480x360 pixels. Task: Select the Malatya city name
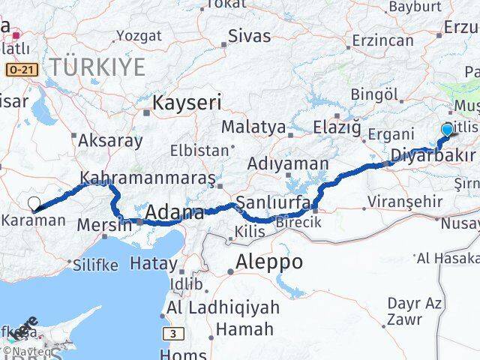coord(253,127)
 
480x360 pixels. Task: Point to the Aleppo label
coord(268,262)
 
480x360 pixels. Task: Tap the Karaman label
coord(32,220)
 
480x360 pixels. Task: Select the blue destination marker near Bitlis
coord(448,130)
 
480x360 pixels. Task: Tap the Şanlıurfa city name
coord(268,202)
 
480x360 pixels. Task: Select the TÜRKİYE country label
coord(97,67)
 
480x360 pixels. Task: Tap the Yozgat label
coord(139,35)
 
